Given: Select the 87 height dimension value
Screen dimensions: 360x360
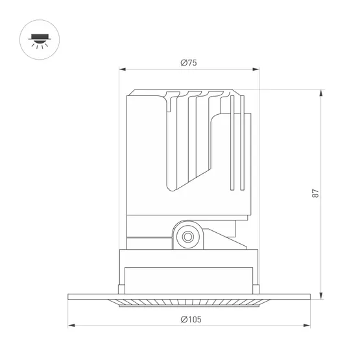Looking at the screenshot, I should (315, 193).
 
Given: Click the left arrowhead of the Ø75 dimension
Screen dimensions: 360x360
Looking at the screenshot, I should (122, 69).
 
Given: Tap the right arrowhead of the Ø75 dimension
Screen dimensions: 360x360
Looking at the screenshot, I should (256, 69).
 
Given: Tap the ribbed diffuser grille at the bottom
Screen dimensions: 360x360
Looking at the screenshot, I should (189, 302).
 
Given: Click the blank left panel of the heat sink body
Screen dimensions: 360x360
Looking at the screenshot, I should (146, 156).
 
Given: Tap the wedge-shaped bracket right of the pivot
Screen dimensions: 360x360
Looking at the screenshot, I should (227, 239).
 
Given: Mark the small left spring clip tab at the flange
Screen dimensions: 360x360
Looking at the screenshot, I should (120, 287).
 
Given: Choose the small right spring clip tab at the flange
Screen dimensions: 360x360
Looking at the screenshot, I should (258, 287).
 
